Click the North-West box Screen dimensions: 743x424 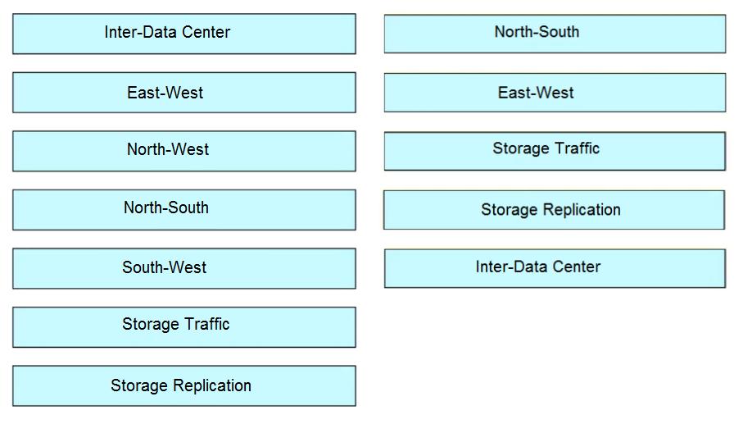point(184,151)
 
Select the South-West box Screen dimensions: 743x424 point(184,268)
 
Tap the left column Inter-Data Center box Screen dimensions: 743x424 point(184,34)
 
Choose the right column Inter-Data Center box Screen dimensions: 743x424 point(555,268)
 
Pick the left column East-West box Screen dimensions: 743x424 point(184,93)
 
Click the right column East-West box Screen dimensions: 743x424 point(555,93)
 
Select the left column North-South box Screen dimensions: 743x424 point(184,210)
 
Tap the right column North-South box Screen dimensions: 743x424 point(555,34)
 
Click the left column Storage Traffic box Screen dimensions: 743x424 point(184,327)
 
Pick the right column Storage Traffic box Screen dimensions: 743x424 point(555,151)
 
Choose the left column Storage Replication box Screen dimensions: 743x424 point(184,386)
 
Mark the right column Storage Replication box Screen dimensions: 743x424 point(555,210)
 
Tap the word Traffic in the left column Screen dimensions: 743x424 point(206,324)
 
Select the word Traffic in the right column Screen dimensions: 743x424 point(577,148)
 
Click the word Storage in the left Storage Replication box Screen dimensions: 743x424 point(139,386)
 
